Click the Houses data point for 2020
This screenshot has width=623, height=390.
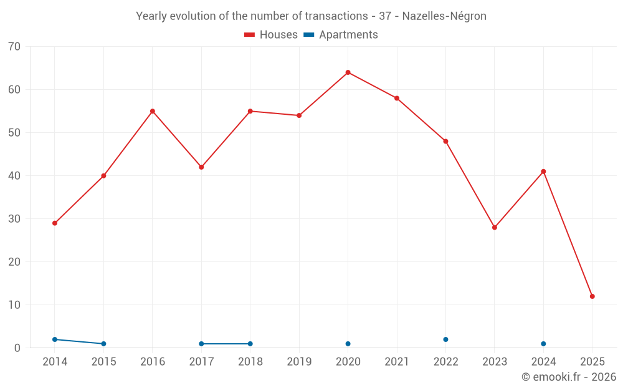click(348, 72)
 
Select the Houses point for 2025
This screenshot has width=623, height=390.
click(592, 296)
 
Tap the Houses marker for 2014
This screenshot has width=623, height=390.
click(55, 223)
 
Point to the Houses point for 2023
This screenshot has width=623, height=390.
click(494, 227)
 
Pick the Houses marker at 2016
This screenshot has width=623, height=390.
click(153, 111)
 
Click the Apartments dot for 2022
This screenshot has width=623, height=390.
click(445, 339)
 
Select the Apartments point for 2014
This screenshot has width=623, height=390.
click(55, 339)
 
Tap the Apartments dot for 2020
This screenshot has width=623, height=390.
click(348, 344)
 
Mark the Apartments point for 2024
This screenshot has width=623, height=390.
click(543, 344)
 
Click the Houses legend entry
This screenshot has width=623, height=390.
click(271, 35)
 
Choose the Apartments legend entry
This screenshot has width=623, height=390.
click(341, 35)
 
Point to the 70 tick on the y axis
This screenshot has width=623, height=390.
click(14, 47)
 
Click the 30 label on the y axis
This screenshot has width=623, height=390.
click(14, 219)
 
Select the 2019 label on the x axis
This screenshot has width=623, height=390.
click(299, 362)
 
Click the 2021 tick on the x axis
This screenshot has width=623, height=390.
click(397, 362)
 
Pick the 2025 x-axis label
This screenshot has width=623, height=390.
click(592, 362)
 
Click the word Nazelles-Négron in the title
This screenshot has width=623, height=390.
click(444, 16)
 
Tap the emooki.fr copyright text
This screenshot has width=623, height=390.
click(569, 377)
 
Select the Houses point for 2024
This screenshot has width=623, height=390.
click(543, 172)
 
